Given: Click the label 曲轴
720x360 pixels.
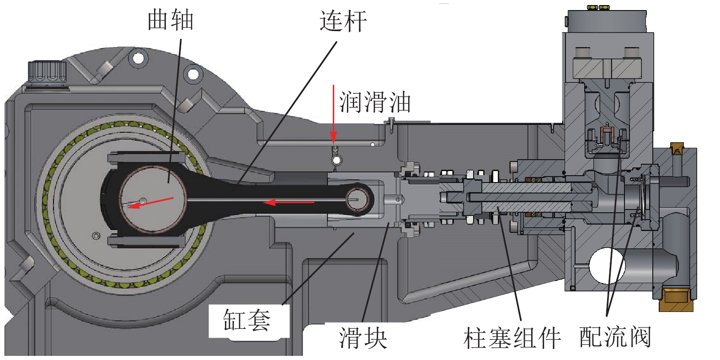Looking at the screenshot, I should pyautogui.click(x=170, y=20).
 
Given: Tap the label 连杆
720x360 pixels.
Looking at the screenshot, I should pyautogui.click(x=343, y=21).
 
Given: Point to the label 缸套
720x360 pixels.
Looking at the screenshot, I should pyautogui.click(x=246, y=320).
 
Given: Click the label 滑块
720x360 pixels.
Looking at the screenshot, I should pyautogui.click(x=363, y=338).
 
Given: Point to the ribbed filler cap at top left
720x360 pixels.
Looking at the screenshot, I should pyautogui.click(x=47, y=72).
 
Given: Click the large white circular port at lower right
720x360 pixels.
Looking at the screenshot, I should pyautogui.click(x=607, y=266).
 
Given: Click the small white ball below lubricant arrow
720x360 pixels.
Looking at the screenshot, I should pyautogui.click(x=337, y=160).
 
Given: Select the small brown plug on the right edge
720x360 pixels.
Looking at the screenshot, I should pyautogui.click(x=677, y=148).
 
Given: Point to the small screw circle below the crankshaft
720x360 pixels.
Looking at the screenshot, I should pyautogui.click(x=96, y=236).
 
